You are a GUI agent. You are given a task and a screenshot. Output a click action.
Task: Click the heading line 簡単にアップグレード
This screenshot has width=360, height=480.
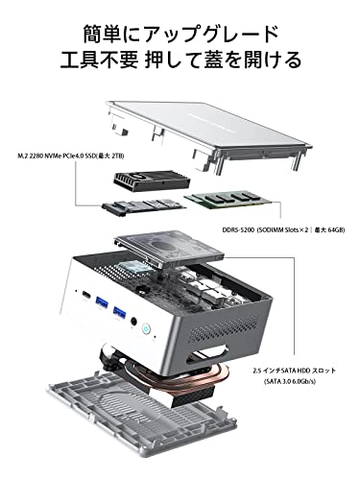(x=180, y=34)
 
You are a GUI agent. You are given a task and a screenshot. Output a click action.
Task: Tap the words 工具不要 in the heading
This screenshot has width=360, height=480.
(x=99, y=59)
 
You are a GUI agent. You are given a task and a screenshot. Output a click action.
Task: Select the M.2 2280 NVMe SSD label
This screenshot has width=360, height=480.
(x=71, y=156)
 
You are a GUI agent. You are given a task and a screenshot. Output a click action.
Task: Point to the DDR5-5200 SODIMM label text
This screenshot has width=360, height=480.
(x=283, y=229)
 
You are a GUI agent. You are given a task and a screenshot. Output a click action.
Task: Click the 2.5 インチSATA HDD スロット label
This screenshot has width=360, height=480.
(x=294, y=371)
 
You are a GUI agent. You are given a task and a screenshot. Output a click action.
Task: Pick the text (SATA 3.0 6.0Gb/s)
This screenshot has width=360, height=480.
(x=289, y=381)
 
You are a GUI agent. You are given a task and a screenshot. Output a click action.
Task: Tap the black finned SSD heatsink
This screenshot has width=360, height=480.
(x=152, y=181)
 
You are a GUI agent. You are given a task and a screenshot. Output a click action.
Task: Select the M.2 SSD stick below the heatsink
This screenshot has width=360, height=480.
(x=144, y=206)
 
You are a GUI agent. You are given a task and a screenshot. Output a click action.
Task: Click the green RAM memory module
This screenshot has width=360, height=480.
(x=228, y=199)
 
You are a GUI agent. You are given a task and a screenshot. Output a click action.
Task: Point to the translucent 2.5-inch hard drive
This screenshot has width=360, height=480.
(x=170, y=248)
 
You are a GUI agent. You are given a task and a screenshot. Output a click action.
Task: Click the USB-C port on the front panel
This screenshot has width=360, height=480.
(x=86, y=295)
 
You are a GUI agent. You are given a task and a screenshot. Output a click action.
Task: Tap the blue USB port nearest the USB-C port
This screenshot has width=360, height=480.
(x=101, y=302)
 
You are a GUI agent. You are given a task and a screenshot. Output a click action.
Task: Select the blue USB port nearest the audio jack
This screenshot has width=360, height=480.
(x=119, y=311)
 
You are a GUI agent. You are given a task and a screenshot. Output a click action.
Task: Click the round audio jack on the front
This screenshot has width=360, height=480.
(x=134, y=321)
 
